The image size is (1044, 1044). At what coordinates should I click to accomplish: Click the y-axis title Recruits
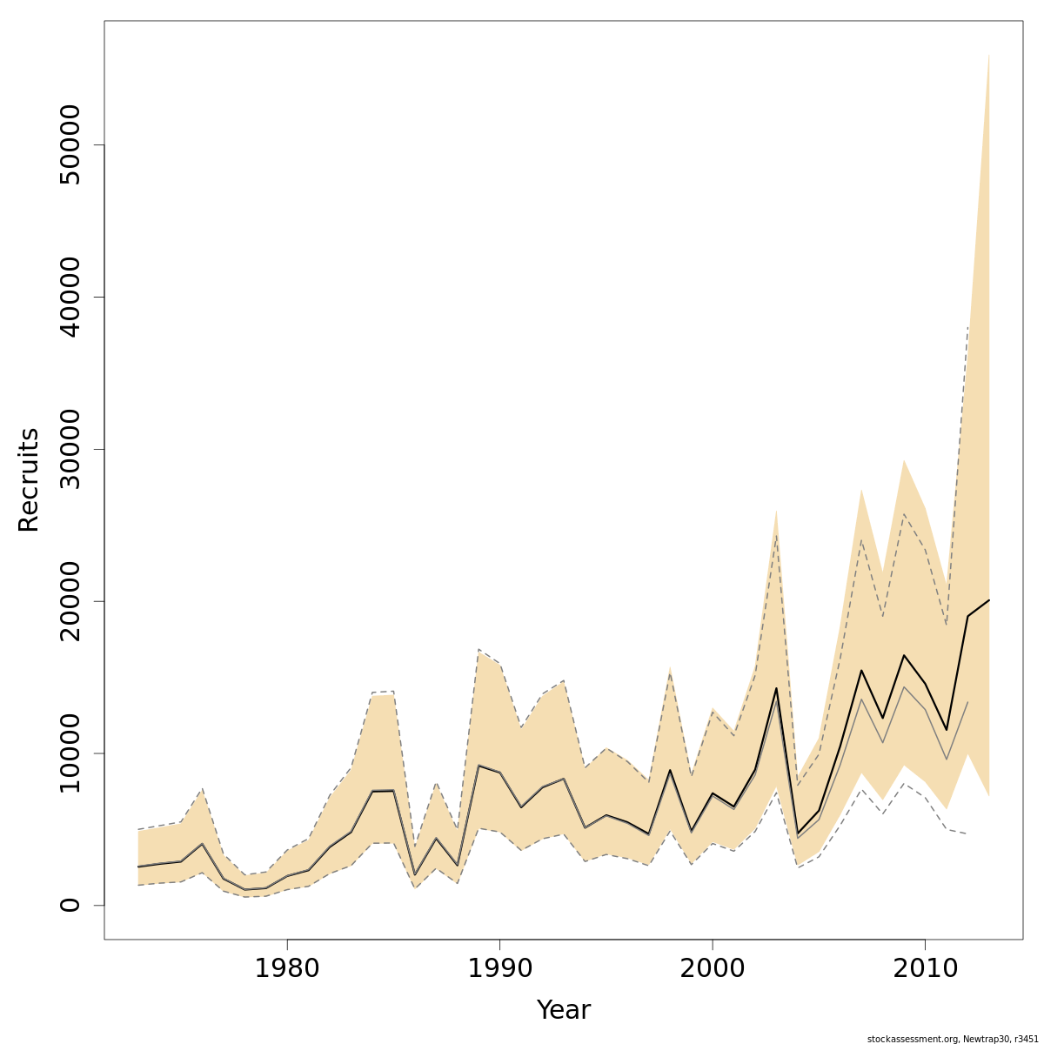[29, 479]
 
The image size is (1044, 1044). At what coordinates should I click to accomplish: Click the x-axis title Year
[563, 1010]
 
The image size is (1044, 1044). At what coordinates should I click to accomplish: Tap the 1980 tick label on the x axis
[287, 967]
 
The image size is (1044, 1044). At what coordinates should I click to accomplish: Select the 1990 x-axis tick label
[499, 967]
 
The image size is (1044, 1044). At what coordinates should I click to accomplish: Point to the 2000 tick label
[713, 967]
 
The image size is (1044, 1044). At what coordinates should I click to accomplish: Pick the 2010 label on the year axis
[925, 967]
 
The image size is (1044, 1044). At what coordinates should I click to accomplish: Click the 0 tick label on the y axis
[70, 905]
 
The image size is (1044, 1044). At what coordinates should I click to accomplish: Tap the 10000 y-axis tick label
[70, 753]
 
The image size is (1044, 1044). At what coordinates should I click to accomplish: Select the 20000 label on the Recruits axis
[70, 601]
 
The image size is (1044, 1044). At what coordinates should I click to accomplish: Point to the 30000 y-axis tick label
[70, 449]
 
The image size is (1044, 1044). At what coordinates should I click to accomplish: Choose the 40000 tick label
[70, 297]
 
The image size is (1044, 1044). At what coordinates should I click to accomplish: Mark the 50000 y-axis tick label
[70, 144]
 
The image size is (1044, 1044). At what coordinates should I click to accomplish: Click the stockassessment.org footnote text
[953, 1038]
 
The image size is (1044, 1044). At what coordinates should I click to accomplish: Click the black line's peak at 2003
[776, 688]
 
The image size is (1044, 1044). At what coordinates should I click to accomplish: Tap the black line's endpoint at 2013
[989, 600]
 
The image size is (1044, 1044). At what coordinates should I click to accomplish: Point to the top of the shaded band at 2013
[989, 54]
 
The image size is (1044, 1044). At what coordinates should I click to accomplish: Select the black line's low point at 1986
[415, 874]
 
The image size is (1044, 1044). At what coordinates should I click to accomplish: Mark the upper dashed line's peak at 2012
[967, 327]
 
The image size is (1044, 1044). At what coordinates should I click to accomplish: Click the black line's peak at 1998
[670, 770]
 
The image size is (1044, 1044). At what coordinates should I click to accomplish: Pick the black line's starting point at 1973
[138, 867]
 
